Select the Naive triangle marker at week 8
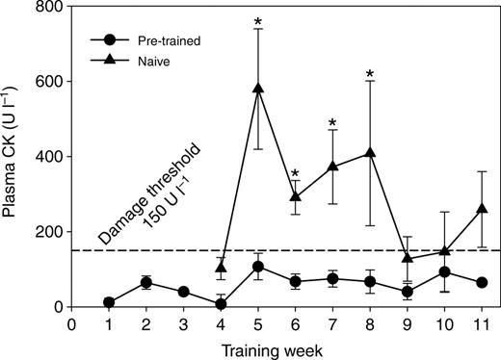[370, 152]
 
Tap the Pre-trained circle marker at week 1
[109, 302]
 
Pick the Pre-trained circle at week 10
[444, 272]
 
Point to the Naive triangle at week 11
[482, 208]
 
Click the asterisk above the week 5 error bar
[258, 22]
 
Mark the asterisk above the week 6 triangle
[295, 173]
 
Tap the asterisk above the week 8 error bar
[370, 74]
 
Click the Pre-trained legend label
[170, 40]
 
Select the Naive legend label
[154, 61]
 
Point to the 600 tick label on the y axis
[50, 81]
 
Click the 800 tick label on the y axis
[50, 7]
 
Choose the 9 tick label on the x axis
[408, 324]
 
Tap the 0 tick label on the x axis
[71, 324]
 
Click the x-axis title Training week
[272, 351]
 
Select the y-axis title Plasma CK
[9, 151]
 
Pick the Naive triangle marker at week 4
[221, 267]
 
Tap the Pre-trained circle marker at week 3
[183, 292]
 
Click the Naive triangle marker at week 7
[332, 166]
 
